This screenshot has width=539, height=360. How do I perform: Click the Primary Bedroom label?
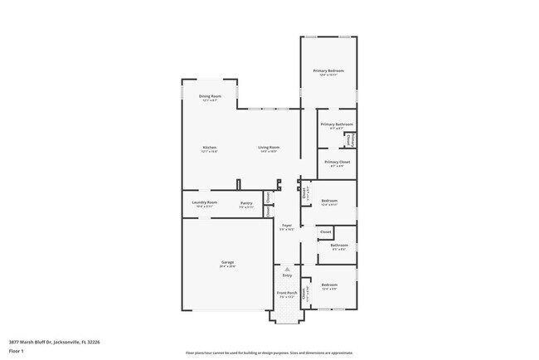328,71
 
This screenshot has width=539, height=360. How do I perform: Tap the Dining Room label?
210,96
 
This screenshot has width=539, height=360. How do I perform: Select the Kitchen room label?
209,148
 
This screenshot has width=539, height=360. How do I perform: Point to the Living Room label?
268,148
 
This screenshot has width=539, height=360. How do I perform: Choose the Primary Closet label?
337,162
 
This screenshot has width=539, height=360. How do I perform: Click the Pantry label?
246,202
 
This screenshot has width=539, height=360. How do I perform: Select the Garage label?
227,262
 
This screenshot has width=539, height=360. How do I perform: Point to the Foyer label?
287,226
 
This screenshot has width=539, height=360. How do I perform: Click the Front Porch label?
286,293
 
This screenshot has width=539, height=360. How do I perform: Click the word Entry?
287,275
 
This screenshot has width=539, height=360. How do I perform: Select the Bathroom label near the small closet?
339,245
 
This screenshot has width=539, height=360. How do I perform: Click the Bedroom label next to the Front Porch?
329,285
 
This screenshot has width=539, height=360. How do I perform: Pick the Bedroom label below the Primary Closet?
329,201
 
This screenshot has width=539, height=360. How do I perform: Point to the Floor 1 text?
17,351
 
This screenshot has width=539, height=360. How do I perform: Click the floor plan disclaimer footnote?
269,352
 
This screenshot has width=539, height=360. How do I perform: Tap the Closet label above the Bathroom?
325,231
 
